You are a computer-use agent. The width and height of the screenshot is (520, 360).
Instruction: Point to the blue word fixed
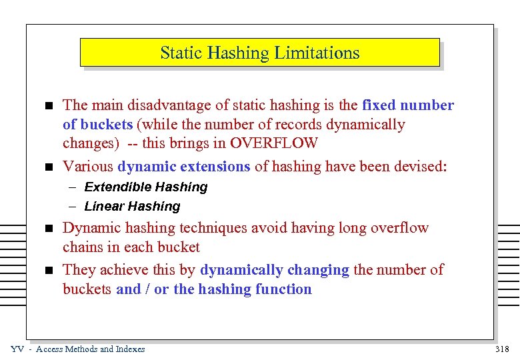pyautogui.click(x=379, y=105)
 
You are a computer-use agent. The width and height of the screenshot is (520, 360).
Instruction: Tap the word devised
pyautogui.click(x=415, y=167)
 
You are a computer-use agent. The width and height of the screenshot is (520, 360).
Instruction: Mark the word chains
pyautogui.click(x=82, y=247)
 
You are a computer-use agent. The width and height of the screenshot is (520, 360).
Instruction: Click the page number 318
pyautogui.click(x=503, y=349)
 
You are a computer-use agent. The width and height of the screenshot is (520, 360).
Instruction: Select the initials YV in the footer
pyautogui.click(x=18, y=349)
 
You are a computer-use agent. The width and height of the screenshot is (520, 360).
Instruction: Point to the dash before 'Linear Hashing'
pyautogui.click(x=71, y=207)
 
